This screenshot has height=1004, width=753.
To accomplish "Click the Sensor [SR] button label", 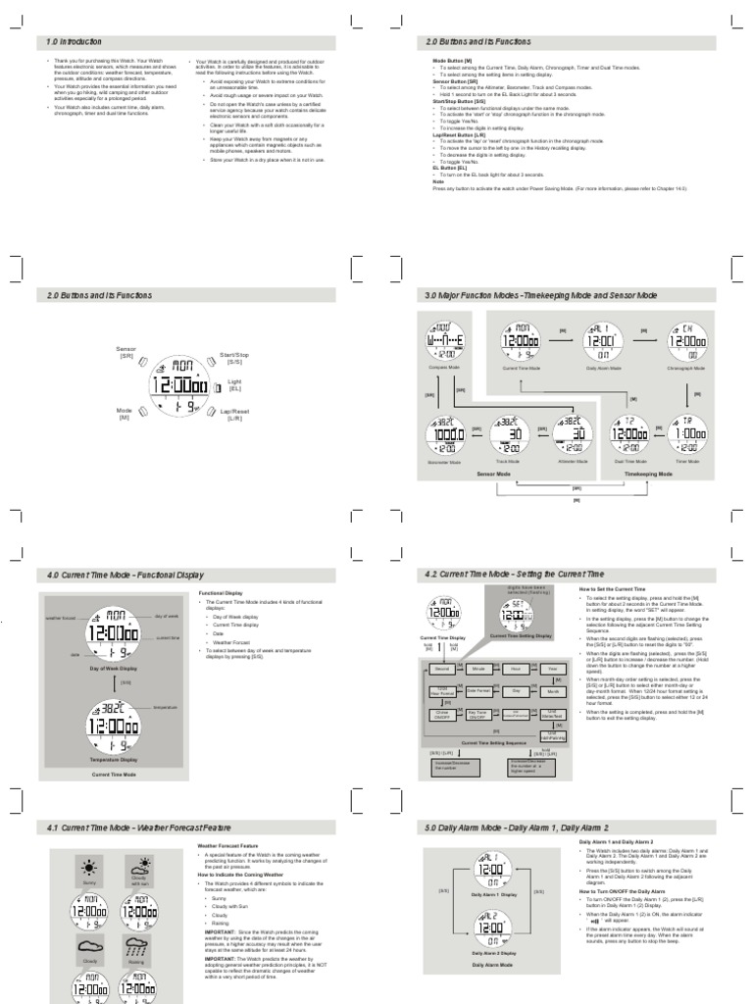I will click(x=126, y=352).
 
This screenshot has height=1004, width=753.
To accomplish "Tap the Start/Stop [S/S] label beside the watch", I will click(x=234, y=358).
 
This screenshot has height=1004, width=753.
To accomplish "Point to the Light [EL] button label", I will click(x=234, y=384).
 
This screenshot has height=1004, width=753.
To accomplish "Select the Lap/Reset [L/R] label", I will click(x=233, y=415).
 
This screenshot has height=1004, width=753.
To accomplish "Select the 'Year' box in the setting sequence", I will click(x=551, y=668).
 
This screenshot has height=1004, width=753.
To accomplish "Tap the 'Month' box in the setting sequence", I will click(x=551, y=691).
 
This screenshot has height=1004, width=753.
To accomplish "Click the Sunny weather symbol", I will click(x=89, y=868).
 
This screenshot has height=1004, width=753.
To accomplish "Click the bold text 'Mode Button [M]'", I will click(x=452, y=61).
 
